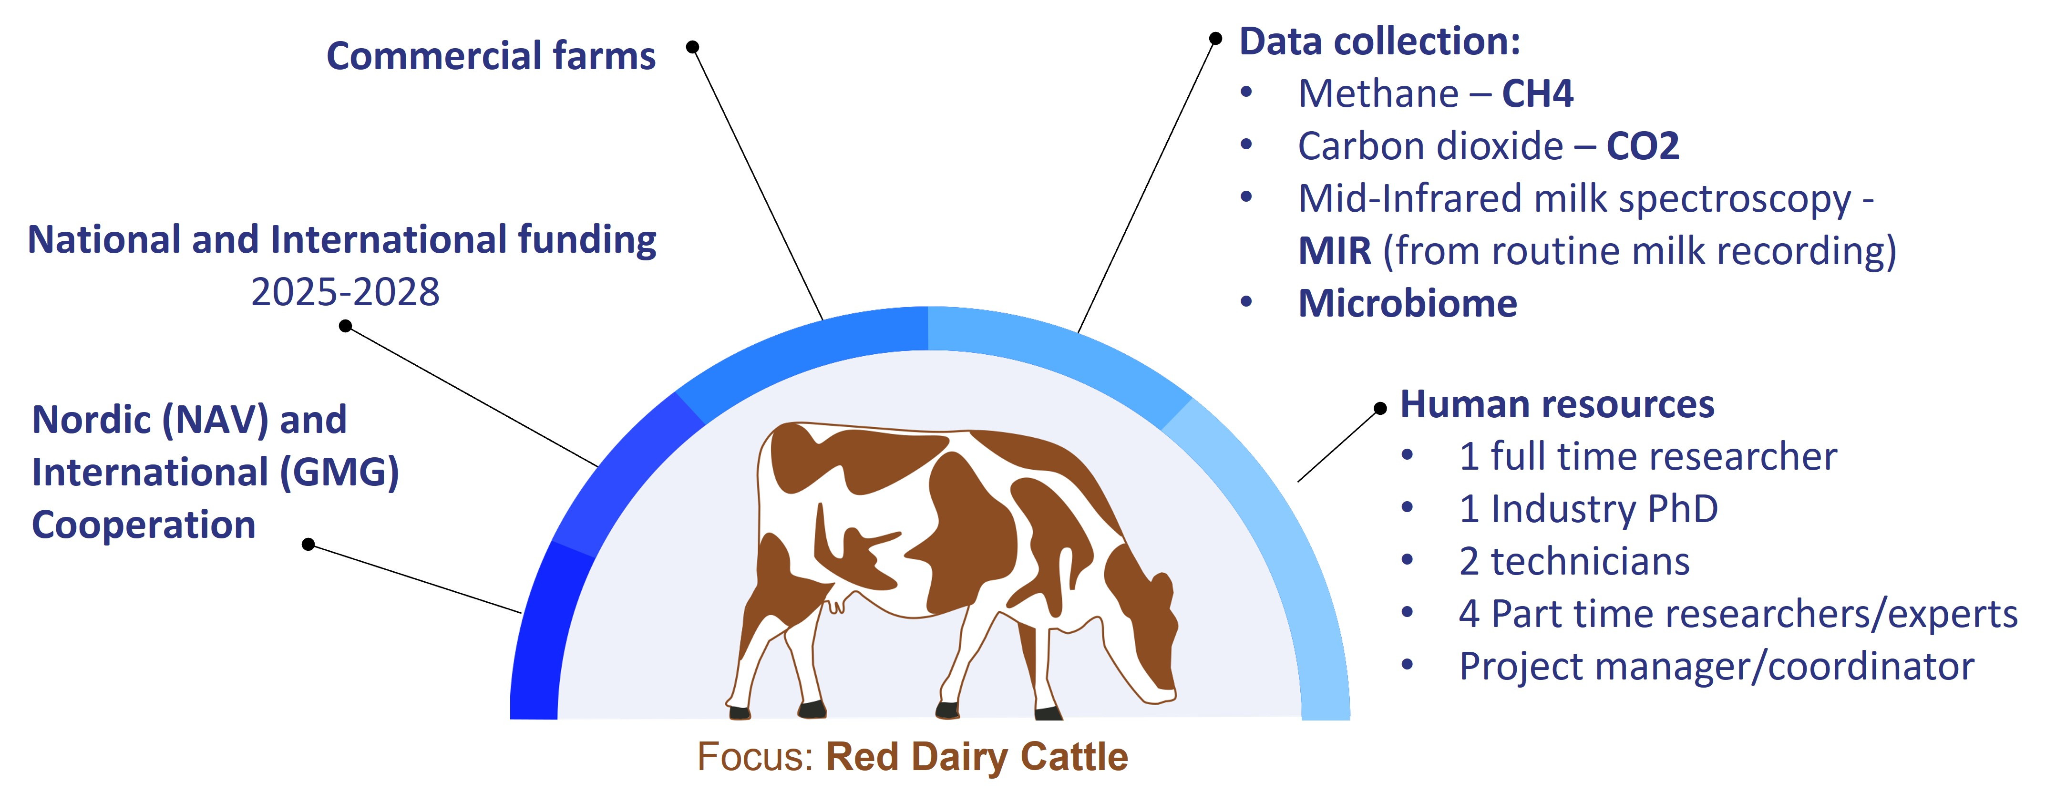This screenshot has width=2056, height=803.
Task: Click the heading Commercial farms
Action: click(x=491, y=56)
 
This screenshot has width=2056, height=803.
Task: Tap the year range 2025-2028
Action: click(x=345, y=292)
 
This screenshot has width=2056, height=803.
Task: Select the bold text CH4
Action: click(x=1537, y=93)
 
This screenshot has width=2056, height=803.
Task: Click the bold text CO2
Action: click(x=1643, y=146)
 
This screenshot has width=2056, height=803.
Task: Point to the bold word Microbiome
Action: click(x=1407, y=303)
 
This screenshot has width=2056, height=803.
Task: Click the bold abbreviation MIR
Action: click(x=1335, y=251)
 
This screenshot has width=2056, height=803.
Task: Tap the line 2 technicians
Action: click(x=1574, y=561)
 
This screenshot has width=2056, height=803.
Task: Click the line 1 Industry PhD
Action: click(x=1588, y=509)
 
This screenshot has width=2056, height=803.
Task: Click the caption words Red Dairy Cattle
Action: click(x=977, y=757)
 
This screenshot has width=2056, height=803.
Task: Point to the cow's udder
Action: click(x=836, y=603)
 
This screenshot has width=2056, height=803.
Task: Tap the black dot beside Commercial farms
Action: click(x=693, y=47)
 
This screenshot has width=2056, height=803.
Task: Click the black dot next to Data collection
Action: click(x=1215, y=38)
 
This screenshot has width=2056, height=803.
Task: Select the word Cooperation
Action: click(x=144, y=525)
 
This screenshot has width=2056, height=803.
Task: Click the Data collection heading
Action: click(x=1380, y=41)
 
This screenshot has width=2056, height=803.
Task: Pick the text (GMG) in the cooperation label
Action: click(x=339, y=472)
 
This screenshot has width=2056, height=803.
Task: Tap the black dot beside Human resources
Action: click(x=1380, y=409)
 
